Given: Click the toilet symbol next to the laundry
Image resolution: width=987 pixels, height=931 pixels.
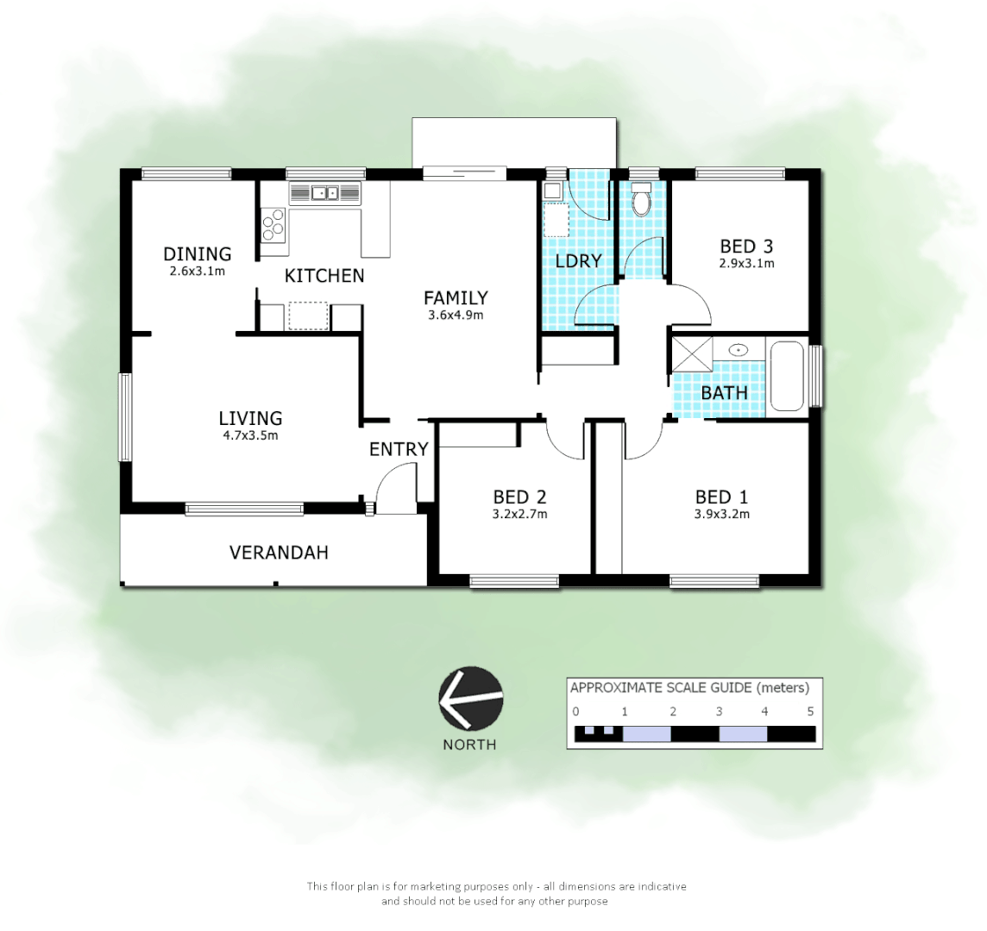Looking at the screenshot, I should coord(641,202).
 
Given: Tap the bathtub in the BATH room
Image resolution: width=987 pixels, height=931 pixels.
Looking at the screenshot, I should coord(786,376).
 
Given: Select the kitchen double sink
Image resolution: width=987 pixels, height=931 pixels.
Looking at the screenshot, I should coord(325,193).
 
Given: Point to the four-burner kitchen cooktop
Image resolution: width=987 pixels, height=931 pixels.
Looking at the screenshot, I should coord(273,227).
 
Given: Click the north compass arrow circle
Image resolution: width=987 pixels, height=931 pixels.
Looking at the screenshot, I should coord(470,699).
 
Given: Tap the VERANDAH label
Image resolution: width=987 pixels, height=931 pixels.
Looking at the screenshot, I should coord(279,553).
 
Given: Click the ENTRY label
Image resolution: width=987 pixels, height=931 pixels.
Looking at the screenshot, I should coord(399,449).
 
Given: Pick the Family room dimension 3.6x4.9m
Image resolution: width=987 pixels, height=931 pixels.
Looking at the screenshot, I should coord(455,315).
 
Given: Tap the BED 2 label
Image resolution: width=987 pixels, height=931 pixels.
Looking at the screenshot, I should coord(519,497).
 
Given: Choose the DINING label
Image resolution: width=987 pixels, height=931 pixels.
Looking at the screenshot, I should coord(198,253).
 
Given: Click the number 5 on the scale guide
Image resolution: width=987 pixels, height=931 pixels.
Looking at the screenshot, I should coord(809,711).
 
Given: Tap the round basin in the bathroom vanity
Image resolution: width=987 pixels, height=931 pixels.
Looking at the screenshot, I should coord(739,350).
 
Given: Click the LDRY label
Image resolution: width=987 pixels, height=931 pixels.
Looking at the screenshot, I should coord(578,261).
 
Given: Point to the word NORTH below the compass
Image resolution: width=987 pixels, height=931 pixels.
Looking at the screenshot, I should coord(469,744).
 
